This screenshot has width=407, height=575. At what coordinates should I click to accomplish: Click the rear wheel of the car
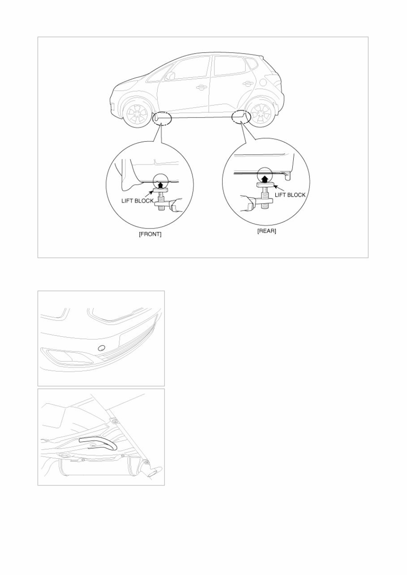pyautogui.click(x=261, y=114)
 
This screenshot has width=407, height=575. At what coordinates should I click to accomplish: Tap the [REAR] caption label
pyautogui.click(x=266, y=231)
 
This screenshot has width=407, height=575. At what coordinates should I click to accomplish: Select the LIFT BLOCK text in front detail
pyautogui.click(x=137, y=201)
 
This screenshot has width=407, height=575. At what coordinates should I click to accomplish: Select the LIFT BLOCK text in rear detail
pyautogui.click(x=290, y=195)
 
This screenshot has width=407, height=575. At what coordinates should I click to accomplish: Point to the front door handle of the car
pyautogui.click(x=201, y=87)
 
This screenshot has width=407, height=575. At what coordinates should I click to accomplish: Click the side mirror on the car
pyautogui.click(x=170, y=76)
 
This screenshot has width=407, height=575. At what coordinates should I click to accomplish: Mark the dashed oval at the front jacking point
pyautogui.click(x=162, y=119)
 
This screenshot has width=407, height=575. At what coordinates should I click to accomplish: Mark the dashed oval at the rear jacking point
pyautogui.click(x=240, y=117)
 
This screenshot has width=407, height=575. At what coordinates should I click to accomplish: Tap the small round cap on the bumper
pyautogui.click(x=101, y=347)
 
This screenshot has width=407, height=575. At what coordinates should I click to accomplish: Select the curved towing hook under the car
pyautogui.click(x=99, y=443)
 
